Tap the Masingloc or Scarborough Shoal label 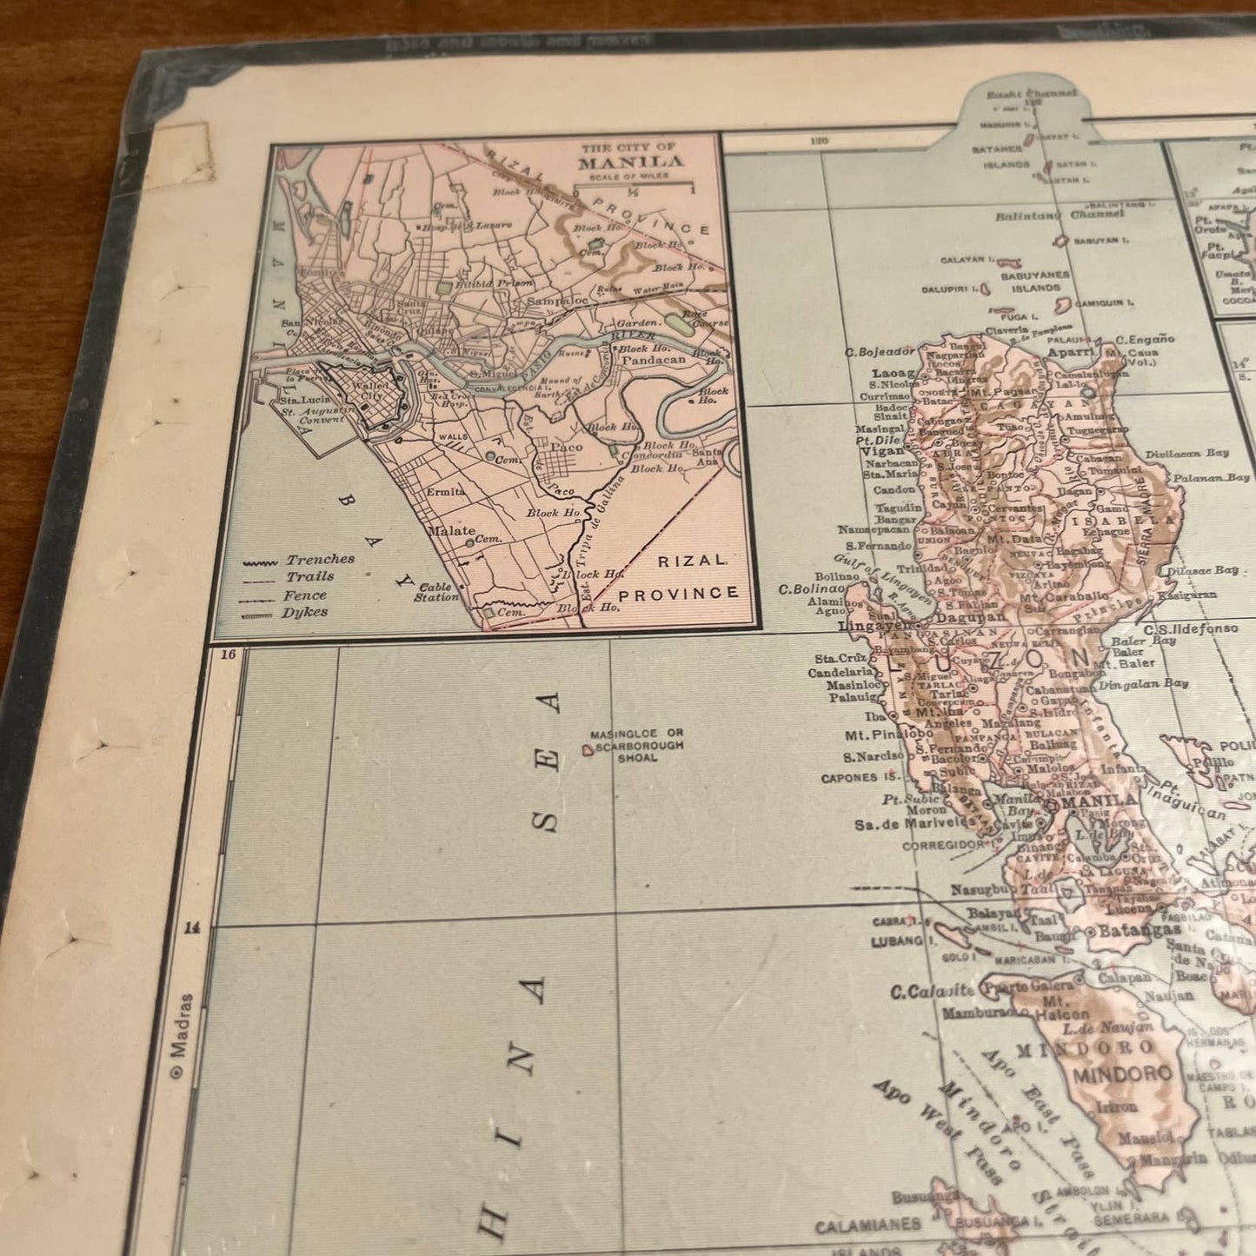(637, 746)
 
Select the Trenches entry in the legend (320, 560)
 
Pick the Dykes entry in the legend (304, 612)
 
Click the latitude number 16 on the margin (229, 655)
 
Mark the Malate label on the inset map (451, 530)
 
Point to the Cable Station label (436, 592)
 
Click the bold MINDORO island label (1121, 1073)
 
